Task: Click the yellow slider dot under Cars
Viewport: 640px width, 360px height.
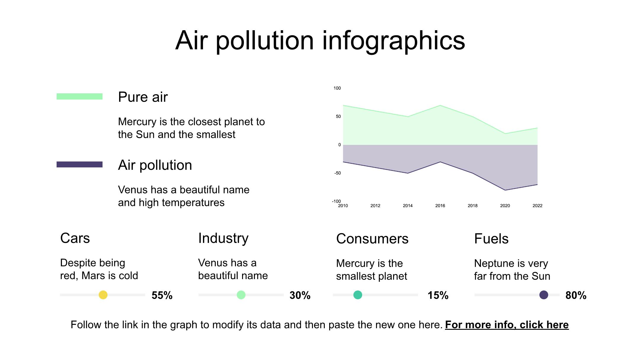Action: click(x=103, y=295)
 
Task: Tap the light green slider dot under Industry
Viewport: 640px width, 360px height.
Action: click(x=241, y=295)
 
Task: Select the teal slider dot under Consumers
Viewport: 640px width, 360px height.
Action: click(x=358, y=295)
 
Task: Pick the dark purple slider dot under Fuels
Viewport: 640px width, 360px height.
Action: click(x=544, y=295)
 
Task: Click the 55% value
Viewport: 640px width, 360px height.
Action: click(x=162, y=295)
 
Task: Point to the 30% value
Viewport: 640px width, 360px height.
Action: click(x=300, y=295)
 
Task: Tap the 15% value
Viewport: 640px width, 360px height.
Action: click(x=438, y=295)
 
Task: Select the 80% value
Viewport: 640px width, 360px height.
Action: click(x=576, y=295)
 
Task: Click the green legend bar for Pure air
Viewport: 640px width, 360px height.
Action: click(x=79, y=97)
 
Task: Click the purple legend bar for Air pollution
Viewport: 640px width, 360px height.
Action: click(x=79, y=164)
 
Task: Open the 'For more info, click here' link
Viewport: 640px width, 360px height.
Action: click(x=507, y=325)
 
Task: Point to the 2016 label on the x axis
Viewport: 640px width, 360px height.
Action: click(x=440, y=206)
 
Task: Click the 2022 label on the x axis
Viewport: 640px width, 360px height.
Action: click(x=537, y=206)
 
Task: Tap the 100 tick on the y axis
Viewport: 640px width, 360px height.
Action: click(x=337, y=88)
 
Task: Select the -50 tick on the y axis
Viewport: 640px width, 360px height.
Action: click(x=337, y=173)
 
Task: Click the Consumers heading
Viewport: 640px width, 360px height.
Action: click(x=372, y=239)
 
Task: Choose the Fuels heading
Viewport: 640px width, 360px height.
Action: click(x=491, y=239)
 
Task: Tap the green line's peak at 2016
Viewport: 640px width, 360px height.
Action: click(x=440, y=105)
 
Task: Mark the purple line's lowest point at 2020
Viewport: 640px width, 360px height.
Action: click(x=505, y=190)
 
